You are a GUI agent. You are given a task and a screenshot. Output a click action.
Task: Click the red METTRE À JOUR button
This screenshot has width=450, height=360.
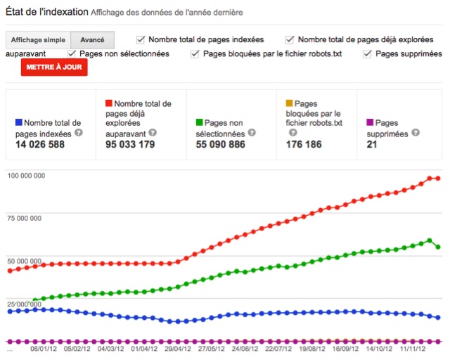(x=54, y=67)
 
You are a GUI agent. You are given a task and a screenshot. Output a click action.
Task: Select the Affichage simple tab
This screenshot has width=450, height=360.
(x=37, y=40)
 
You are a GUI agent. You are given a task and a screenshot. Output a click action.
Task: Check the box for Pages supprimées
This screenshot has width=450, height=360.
(x=368, y=54)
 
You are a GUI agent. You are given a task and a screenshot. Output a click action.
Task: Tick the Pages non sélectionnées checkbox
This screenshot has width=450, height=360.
(x=72, y=54)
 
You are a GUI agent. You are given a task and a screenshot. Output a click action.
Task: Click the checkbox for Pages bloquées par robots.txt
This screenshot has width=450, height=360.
(x=194, y=54)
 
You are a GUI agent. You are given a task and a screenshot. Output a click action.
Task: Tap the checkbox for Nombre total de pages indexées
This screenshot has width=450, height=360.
(x=141, y=39)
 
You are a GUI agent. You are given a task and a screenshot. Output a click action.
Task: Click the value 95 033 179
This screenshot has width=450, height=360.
(x=129, y=144)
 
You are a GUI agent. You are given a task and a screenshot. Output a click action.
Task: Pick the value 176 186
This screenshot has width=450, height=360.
(x=304, y=144)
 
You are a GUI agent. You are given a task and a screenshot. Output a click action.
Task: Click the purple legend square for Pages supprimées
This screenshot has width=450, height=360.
(x=370, y=123)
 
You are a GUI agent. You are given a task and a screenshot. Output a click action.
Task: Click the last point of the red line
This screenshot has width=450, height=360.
(x=438, y=179)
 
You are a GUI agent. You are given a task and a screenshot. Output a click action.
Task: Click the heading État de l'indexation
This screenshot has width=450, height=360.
(x=46, y=13)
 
